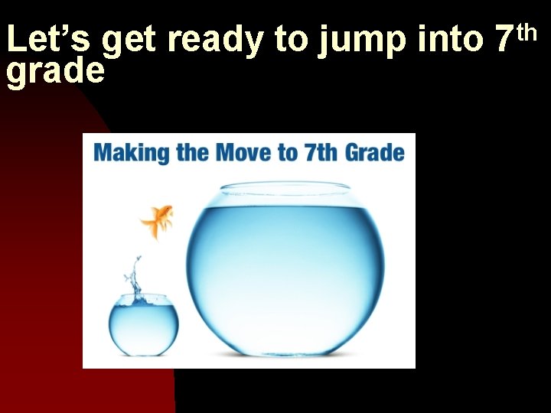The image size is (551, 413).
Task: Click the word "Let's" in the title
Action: point(50,40)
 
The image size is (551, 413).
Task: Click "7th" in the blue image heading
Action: point(321,151)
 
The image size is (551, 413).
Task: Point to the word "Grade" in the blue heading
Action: point(374,151)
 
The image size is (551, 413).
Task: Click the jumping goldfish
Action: point(158,220)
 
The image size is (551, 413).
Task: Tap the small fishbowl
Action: point(143,325)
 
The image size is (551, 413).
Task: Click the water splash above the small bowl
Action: point(135,279)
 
